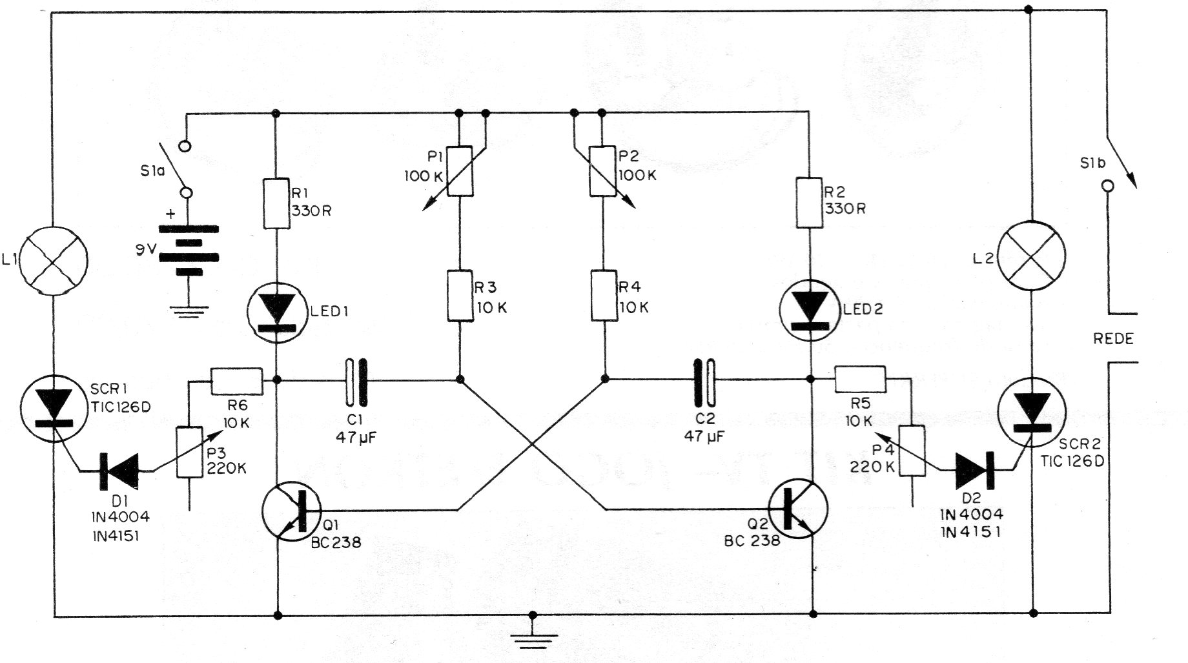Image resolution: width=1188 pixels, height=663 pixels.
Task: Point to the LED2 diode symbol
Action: (810, 311)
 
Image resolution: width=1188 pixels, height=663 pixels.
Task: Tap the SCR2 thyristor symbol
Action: (1032, 411)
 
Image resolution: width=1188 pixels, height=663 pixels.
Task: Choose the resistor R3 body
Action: (460, 296)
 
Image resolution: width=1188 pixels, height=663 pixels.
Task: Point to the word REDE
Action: (1113, 339)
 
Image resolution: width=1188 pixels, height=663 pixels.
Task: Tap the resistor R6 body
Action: (237, 381)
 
